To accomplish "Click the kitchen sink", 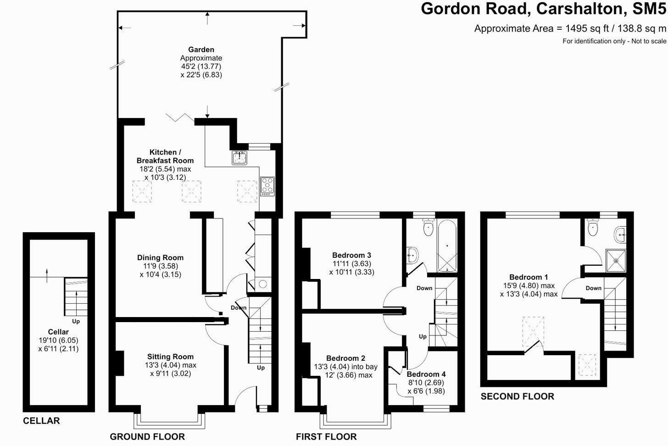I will [x=239, y=158].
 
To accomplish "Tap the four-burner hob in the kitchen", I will [x=267, y=186].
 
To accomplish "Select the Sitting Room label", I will [x=170, y=357].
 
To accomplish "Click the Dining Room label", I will [x=160, y=258].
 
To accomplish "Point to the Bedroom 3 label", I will [x=352, y=255].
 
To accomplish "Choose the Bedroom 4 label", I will [x=426, y=374].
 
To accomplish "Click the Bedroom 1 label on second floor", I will [x=529, y=277].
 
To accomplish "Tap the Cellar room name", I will [x=58, y=332].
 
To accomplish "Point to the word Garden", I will [x=201, y=50].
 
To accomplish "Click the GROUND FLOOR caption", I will [x=147, y=437].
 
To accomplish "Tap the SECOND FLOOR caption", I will [x=517, y=396].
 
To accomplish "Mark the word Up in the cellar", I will [x=76, y=321].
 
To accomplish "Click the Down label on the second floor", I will [x=593, y=288].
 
